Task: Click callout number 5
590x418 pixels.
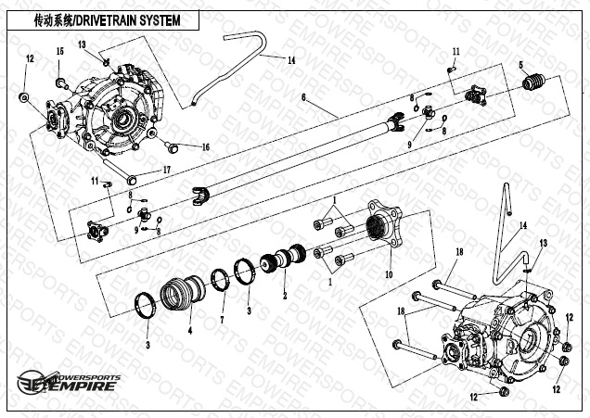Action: pos(521,64)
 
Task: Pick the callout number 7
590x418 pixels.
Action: pos(222,320)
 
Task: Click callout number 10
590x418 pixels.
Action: pos(389,274)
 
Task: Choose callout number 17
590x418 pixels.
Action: pos(167,170)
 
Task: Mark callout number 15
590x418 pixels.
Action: pos(59,51)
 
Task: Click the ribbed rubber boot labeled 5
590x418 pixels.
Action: pos(533,84)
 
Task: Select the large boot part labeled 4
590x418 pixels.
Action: pos(180,294)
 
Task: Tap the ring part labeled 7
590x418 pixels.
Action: pos(221,278)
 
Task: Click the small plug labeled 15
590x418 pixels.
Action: pos(61,83)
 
